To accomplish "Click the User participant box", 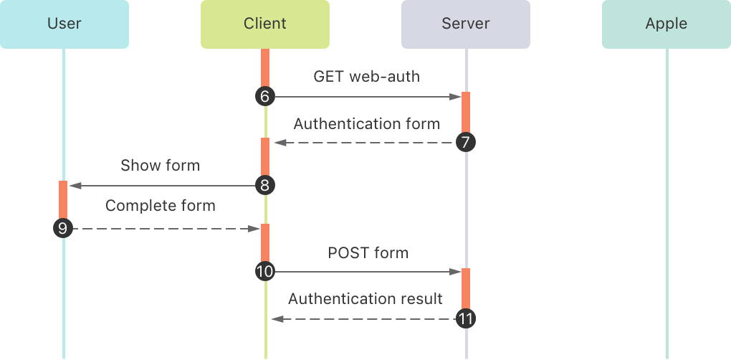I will pyautogui.click(x=64, y=24).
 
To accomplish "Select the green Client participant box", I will pyautogui.click(x=265, y=24).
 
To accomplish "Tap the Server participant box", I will pyautogui.click(x=466, y=24).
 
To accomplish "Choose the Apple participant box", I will pyautogui.click(x=666, y=24).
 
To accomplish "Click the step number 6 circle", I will pyautogui.click(x=264, y=96).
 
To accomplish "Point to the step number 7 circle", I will pyautogui.click(x=465, y=143).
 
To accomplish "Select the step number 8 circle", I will pyautogui.click(x=264, y=186).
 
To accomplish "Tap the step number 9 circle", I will pyautogui.click(x=63, y=229).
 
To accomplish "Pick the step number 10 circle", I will pyautogui.click(x=264, y=272).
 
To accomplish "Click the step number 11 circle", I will pyautogui.click(x=465, y=318).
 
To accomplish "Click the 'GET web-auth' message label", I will pyautogui.click(x=366, y=76).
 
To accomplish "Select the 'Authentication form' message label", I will pyautogui.click(x=366, y=123).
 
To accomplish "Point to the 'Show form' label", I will pyautogui.click(x=161, y=166).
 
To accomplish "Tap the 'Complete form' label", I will pyautogui.click(x=161, y=206).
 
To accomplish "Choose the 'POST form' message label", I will pyautogui.click(x=368, y=252).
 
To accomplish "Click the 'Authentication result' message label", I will pyautogui.click(x=365, y=298).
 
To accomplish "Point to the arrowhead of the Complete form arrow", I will pyautogui.click(x=254, y=229).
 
